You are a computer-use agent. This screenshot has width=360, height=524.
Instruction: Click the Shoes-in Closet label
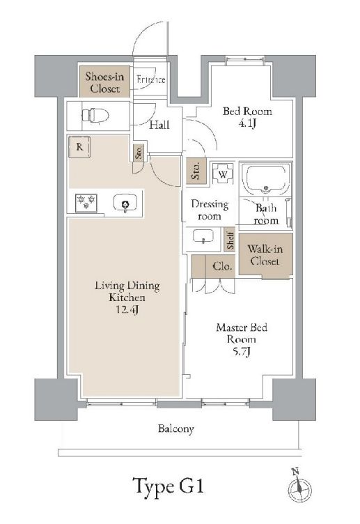click(104, 82)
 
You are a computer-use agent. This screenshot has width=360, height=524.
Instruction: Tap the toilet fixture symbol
click(92, 114)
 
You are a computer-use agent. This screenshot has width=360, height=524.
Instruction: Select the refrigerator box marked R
click(81, 147)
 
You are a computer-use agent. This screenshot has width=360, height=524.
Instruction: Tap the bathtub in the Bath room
click(265, 179)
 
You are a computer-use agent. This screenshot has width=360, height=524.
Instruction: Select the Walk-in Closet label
click(265, 256)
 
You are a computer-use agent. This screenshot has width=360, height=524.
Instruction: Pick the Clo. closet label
click(221, 265)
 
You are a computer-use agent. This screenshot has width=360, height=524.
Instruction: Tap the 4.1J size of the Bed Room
click(246, 124)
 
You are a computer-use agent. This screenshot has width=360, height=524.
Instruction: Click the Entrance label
click(151, 80)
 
